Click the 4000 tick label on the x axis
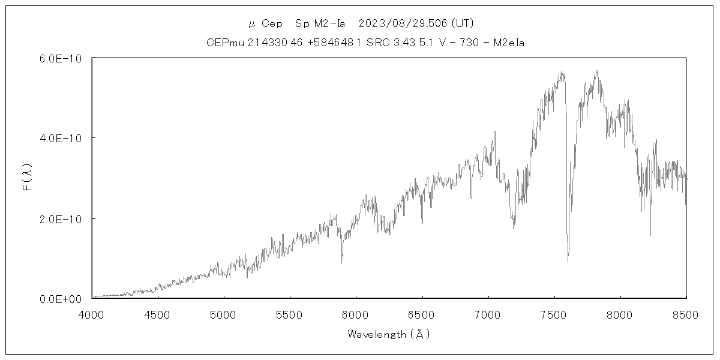pyautogui.click(x=92, y=315)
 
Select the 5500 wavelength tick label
pyautogui.click(x=290, y=315)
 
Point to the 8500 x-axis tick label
pyautogui.click(x=686, y=315)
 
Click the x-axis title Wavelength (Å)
pyautogui.click(x=389, y=334)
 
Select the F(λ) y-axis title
pyautogui.click(x=28, y=178)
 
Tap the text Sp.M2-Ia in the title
pyautogui.click(x=320, y=24)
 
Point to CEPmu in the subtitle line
pyautogui.click(x=223, y=43)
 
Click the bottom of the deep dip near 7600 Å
pyautogui.click(x=568, y=261)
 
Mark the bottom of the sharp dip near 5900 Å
pyautogui.click(x=342, y=263)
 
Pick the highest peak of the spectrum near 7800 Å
pyautogui.click(x=596, y=71)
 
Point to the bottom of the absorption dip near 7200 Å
pyautogui.click(x=513, y=228)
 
